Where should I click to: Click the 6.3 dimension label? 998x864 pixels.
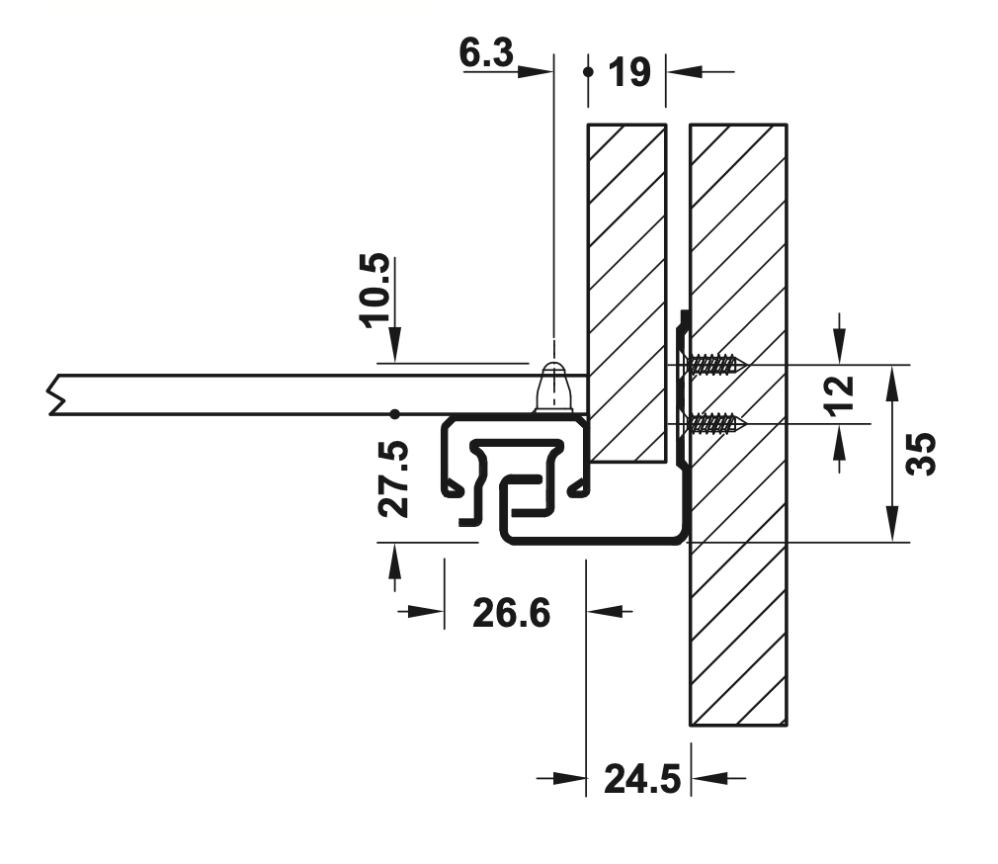click(486, 52)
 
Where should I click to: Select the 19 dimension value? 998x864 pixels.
click(629, 72)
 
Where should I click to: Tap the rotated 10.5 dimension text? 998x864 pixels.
click(374, 291)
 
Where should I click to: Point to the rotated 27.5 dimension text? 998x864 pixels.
click(392, 478)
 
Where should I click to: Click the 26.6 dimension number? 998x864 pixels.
click(511, 614)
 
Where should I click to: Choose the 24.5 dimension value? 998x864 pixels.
click(642, 779)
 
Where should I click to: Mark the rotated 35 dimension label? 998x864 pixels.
click(921, 454)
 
